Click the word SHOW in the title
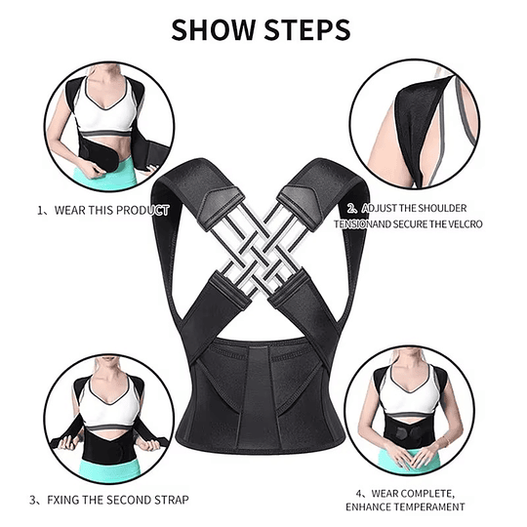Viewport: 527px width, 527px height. coord(214,30)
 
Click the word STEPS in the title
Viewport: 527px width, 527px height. coord(307,30)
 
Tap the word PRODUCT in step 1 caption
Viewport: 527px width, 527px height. coord(142,211)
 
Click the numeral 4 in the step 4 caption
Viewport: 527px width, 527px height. coord(359,494)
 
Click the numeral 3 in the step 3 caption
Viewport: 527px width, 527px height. coord(32,500)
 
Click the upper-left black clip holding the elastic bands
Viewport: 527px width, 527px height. coord(221,209)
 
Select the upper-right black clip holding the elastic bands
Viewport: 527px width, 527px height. coord(301,208)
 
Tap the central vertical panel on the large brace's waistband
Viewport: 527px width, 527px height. coord(259,396)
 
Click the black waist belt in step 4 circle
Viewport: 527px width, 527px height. coord(409,433)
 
